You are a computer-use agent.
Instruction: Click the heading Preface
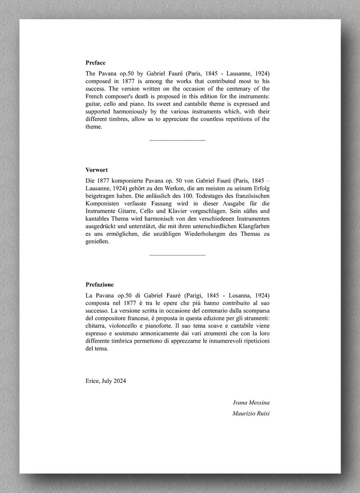click(95, 63)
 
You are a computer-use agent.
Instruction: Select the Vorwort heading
click(96, 170)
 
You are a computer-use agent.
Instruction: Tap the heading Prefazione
click(100, 284)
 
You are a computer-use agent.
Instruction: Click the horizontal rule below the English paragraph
click(177, 141)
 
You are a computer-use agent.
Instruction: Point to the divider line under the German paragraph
click(177, 255)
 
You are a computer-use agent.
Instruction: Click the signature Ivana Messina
click(251, 402)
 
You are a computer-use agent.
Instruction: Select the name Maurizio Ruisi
click(251, 413)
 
